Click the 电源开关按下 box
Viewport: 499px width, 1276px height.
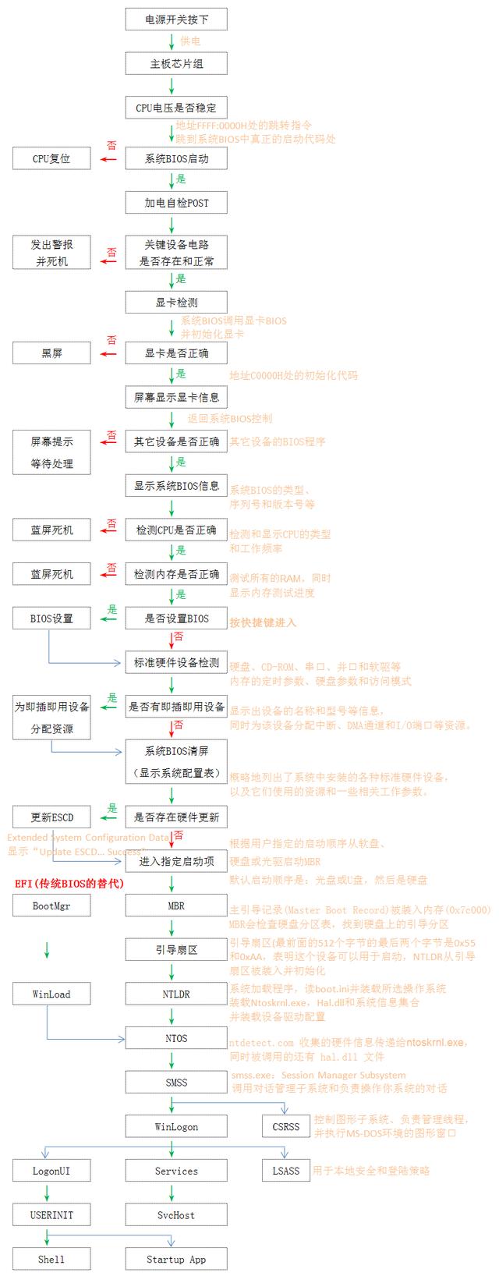pyautogui.click(x=176, y=19)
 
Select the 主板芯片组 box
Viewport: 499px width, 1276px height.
pyautogui.click(x=176, y=63)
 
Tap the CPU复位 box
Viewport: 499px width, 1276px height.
pyautogui.click(x=51, y=158)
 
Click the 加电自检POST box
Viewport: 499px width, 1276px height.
pyautogui.click(x=176, y=203)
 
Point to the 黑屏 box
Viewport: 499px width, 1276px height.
pyautogui.click(x=51, y=353)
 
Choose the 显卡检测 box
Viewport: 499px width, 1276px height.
pyautogui.click(x=176, y=303)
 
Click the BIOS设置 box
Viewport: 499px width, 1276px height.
pyautogui.click(x=51, y=619)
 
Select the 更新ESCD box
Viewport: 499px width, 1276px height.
pyautogui.click(x=51, y=817)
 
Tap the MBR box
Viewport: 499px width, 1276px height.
pyautogui.click(x=176, y=906)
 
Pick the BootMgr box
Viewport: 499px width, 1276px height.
pyautogui.click(x=51, y=906)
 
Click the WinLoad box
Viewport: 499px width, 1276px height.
pyautogui.click(x=51, y=994)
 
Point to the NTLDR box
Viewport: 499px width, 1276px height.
pyautogui.click(x=176, y=994)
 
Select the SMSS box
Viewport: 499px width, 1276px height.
pyautogui.click(x=176, y=1083)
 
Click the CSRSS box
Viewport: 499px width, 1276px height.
pyautogui.click(x=286, y=1126)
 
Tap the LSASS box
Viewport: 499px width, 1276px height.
pyautogui.click(x=286, y=1171)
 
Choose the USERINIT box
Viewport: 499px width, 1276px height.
pyautogui.click(x=51, y=1215)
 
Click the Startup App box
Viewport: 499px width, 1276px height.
pyautogui.click(x=176, y=1259)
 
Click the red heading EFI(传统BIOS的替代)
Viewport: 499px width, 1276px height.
pyautogui.click(x=69, y=883)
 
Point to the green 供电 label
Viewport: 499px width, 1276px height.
pyautogui.click(x=190, y=41)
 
